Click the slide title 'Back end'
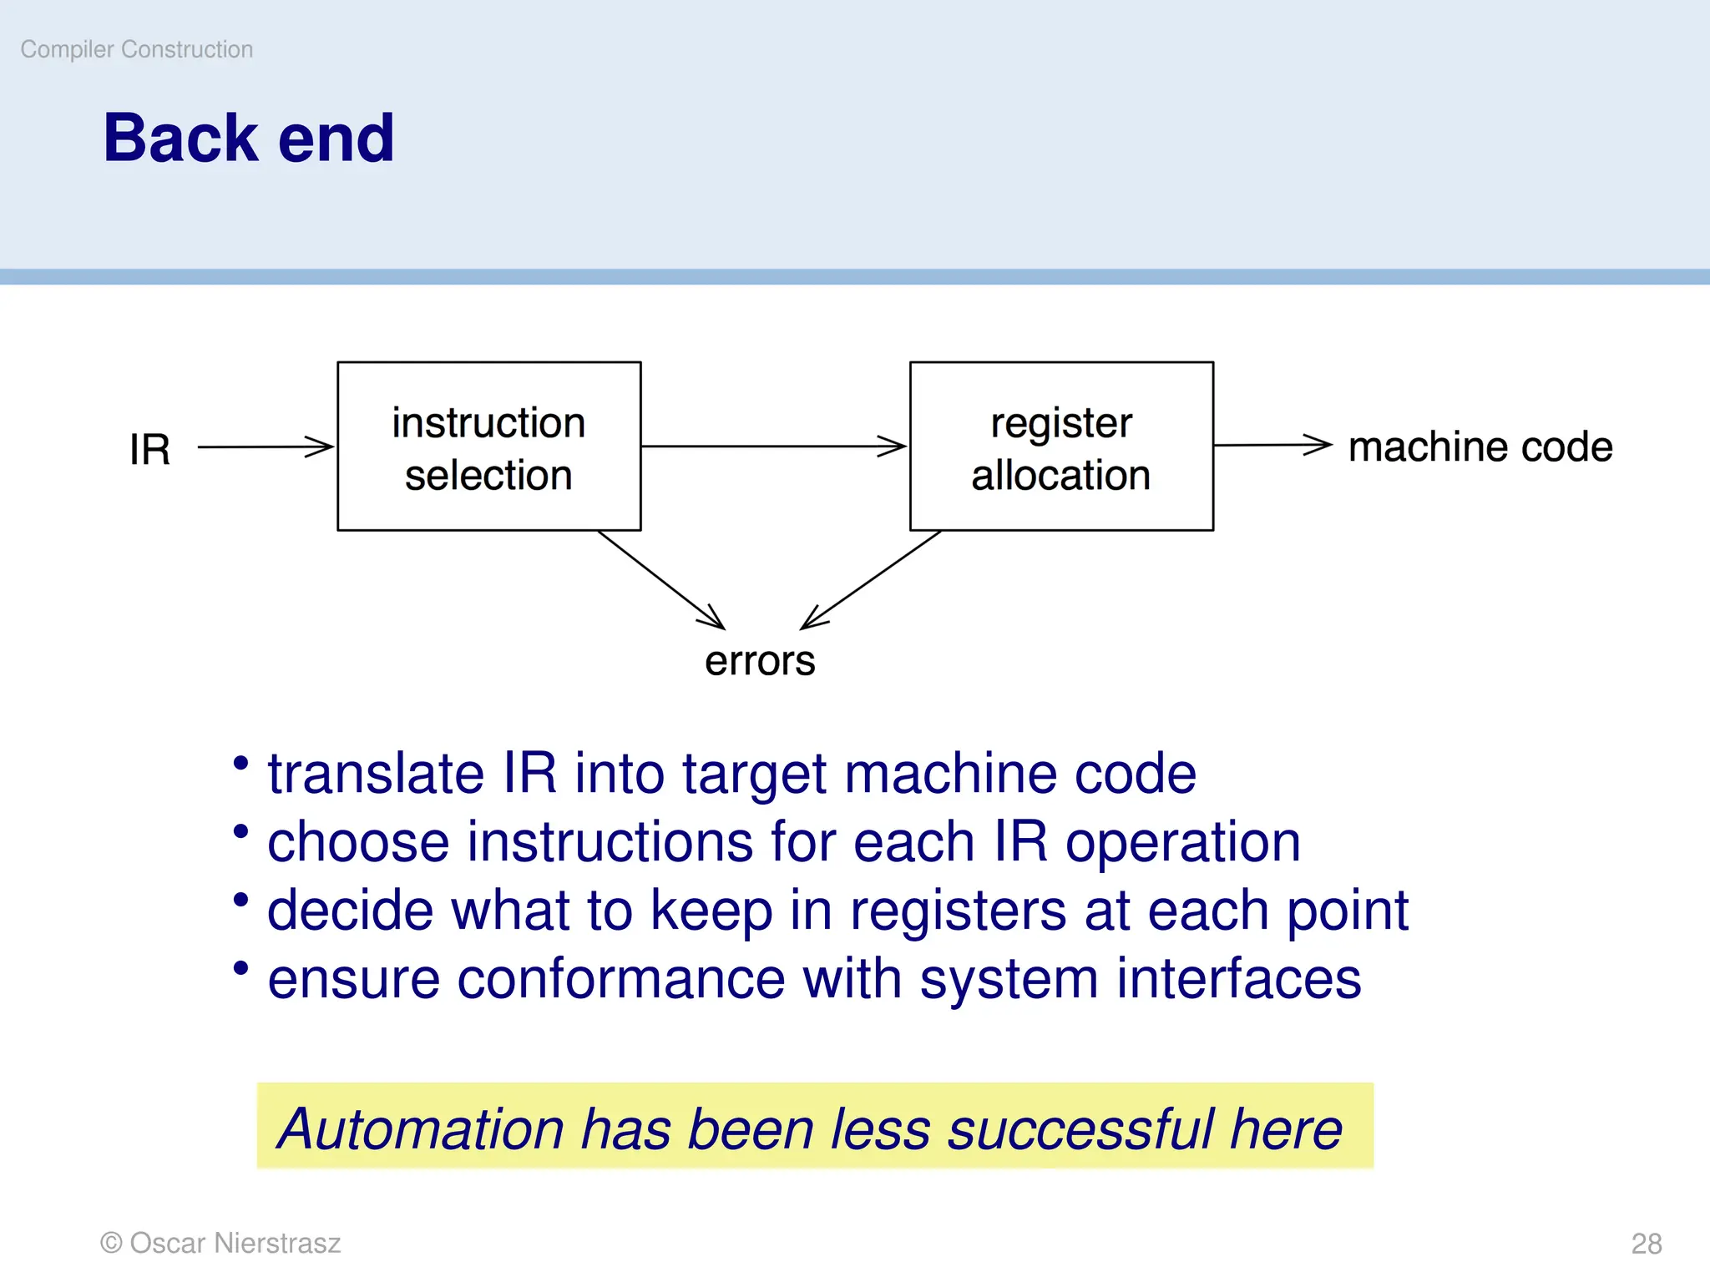click(x=248, y=138)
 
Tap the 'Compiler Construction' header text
click(x=136, y=49)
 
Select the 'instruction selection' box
click(x=488, y=447)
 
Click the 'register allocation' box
click(x=1060, y=447)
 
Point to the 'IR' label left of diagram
click(x=150, y=449)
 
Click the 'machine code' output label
click(x=1480, y=447)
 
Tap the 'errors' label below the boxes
click(x=759, y=661)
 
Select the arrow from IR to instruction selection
click(x=266, y=447)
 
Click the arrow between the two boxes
click(x=773, y=446)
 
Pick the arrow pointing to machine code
click(x=1272, y=445)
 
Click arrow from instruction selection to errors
click(x=660, y=579)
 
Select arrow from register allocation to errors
click(x=871, y=579)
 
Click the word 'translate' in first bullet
click(x=376, y=774)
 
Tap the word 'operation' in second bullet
click(x=1182, y=842)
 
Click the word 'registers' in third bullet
click(x=958, y=911)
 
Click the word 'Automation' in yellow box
click(x=422, y=1129)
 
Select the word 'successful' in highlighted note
click(x=1080, y=1129)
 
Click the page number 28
click(x=1646, y=1244)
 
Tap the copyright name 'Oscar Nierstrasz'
click(x=235, y=1243)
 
